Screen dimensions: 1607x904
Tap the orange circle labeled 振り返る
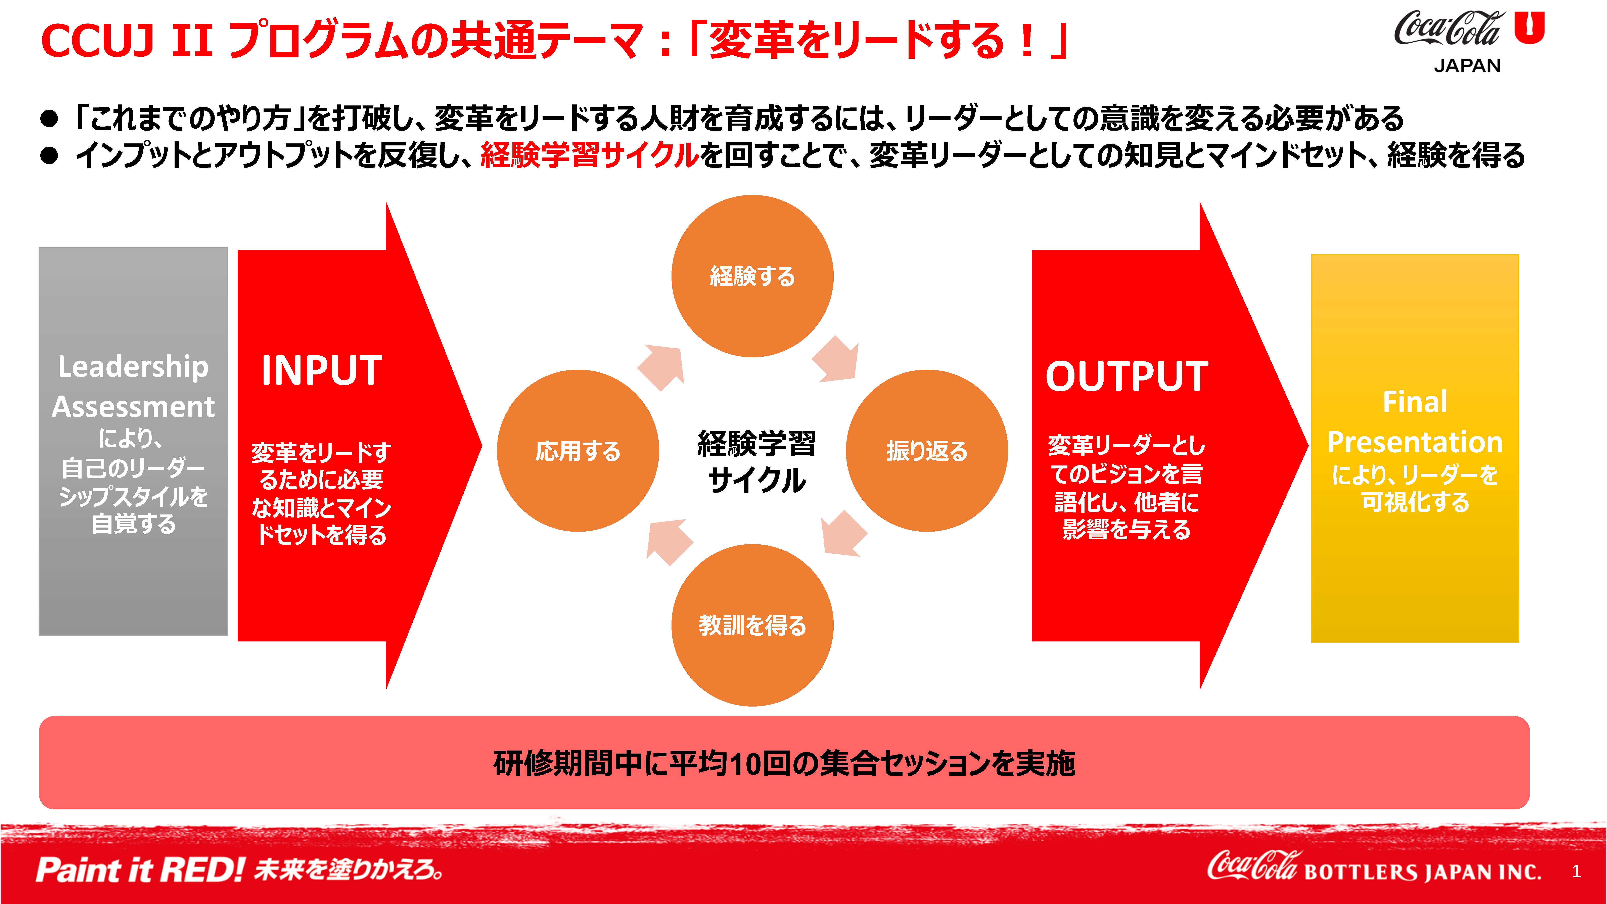click(927, 450)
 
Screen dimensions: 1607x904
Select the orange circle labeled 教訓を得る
click(752, 625)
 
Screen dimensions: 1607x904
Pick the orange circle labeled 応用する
click(578, 450)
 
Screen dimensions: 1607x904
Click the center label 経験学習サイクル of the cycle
click(756, 462)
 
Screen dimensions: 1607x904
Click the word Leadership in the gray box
click(133, 367)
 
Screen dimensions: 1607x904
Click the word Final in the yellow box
click(1415, 402)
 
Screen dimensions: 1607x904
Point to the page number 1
click(1576, 871)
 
